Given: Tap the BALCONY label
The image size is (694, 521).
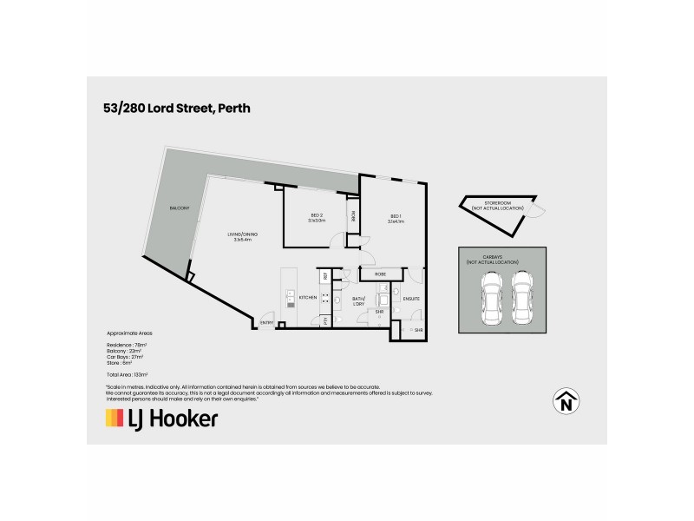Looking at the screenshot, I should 180,208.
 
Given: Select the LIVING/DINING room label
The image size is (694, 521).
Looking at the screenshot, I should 242,237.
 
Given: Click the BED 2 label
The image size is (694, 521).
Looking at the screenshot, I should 316,217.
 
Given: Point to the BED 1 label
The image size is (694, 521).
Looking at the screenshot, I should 395,217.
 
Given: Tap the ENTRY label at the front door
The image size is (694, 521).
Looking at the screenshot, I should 267,323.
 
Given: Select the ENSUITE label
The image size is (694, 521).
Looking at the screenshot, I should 411,299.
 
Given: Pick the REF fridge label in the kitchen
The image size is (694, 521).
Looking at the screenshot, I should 326,275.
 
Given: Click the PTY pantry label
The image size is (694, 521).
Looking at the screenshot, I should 325,321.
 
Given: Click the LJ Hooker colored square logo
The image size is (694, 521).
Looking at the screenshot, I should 115,419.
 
